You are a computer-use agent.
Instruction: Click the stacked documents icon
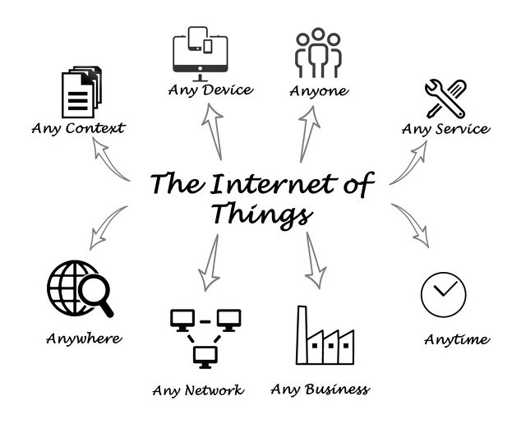[x=81, y=91]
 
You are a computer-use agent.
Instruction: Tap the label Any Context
[x=78, y=128]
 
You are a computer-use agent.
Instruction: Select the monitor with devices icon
[x=201, y=53]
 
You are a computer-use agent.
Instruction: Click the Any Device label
[x=210, y=90]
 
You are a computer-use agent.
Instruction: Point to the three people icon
[x=318, y=53]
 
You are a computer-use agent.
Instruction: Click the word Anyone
[x=319, y=91]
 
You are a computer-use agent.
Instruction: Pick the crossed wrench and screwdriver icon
[x=445, y=99]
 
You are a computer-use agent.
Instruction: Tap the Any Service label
[x=445, y=129]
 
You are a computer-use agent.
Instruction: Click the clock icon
[x=444, y=294]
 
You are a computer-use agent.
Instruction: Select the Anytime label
[x=457, y=339]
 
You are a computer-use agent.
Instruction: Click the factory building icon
[x=325, y=335]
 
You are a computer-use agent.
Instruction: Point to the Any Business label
[x=320, y=389]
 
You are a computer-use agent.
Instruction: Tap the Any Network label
[x=198, y=390]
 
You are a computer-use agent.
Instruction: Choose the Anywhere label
[x=84, y=339]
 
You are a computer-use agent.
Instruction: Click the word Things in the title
[x=262, y=214]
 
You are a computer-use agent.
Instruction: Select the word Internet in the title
[x=273, y=183]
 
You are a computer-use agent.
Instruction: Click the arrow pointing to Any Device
[x=214, y=131]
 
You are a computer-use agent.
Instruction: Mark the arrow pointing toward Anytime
[x=411, y=224]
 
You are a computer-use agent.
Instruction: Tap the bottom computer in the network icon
[x=205, y=357]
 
